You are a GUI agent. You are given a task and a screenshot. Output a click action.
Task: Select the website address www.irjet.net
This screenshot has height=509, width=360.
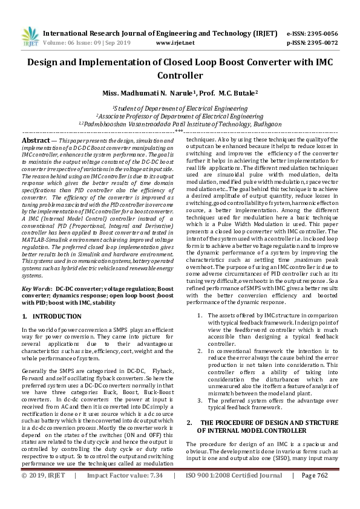(x=175, y=43)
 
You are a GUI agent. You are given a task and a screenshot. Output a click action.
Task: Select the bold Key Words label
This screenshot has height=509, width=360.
(x=36, y=289)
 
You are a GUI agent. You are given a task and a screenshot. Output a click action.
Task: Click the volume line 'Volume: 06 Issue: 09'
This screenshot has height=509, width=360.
(x=79, y=43)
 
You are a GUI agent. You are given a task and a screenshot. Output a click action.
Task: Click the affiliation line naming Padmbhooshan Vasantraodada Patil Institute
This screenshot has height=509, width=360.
(x=180, y=123)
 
